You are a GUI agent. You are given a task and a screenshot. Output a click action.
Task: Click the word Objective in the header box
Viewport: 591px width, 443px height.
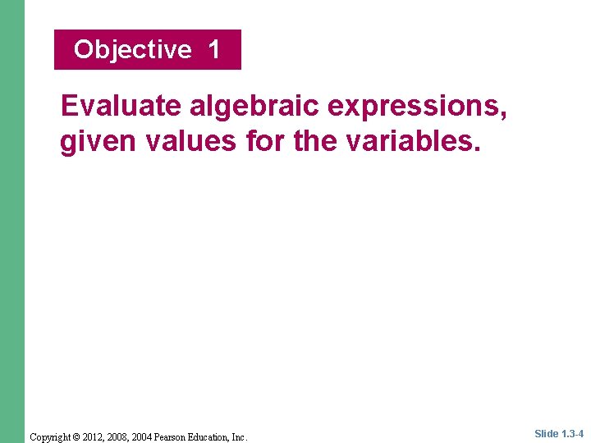(x=132, y=50)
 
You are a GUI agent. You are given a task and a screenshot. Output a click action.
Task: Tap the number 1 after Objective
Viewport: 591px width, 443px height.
(x=213, y=50)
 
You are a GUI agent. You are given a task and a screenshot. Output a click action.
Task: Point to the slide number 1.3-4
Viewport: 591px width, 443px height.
(x=573, y=434)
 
